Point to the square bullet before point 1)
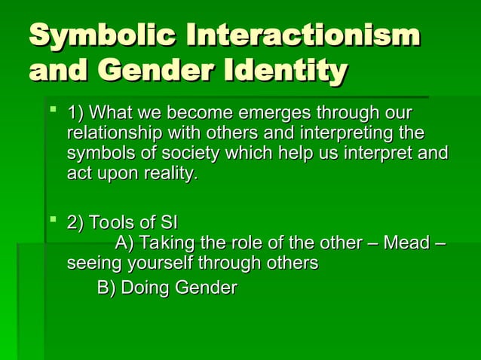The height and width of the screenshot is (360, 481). pos(52,113)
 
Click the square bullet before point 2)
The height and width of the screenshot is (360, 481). pos(52,221)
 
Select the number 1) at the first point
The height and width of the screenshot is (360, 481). pos(75,114)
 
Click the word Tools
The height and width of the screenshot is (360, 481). pos(112,223)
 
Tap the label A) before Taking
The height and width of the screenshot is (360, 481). pos(125,243)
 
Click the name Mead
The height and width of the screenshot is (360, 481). pos(406,243)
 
